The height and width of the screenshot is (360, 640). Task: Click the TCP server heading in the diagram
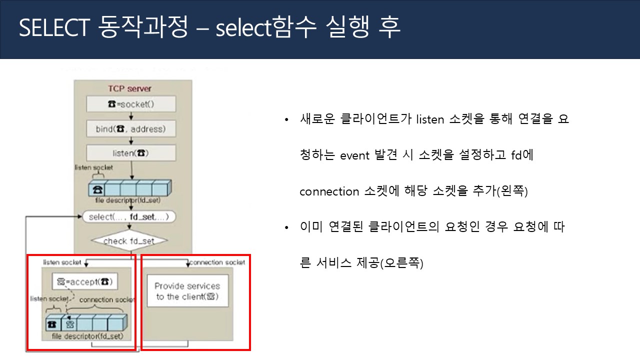click(x=130, y=88)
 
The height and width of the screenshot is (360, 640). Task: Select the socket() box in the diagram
click(x=131, y=104)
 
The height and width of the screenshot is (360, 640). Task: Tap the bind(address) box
click(x=131, y=129)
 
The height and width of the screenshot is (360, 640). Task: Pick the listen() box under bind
click(x=131, y=153)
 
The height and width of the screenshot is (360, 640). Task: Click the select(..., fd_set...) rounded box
click(x=129, y=217)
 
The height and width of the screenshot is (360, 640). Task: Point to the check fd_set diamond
click(x=129, y=241)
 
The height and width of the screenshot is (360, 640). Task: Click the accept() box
click(x=84, y=281)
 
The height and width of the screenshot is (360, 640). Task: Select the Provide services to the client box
click(x=187, y=291)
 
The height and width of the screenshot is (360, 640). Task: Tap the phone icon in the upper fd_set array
click(x=97, y=189)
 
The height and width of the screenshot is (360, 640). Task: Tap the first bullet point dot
click(x=286, y=120)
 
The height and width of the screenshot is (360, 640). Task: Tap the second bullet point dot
click(x=286, y=228)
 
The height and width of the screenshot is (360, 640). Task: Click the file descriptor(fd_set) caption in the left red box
click(x=87, y=336)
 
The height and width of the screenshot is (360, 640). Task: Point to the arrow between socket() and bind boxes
click(x=131, y=116)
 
